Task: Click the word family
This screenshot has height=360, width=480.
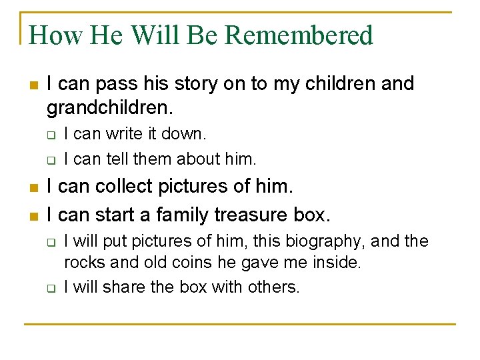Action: (x=181, y=215)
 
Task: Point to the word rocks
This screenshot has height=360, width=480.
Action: (x=83, y=262)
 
